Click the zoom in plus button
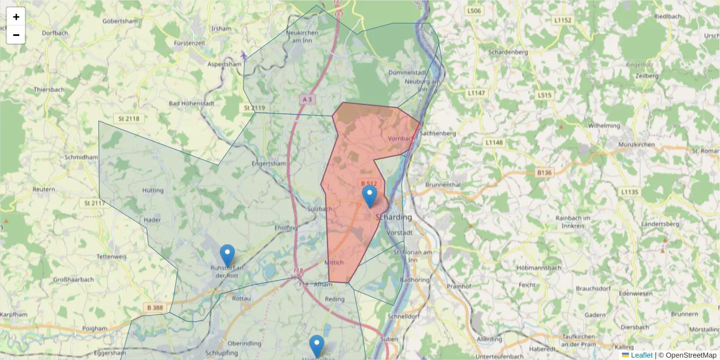click(16, 17)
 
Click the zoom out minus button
click(16, 35)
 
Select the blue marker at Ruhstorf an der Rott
click(227, 255)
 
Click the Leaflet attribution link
click(641, 355)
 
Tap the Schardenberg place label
click(508, 52)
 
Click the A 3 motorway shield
click(308, 99)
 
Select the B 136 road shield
click(544, 172)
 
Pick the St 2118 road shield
click(128, 119)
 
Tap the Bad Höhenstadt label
click(192, 104)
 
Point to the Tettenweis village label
click(112, 256)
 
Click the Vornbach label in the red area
click(401, 139)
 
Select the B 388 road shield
click(154, 308)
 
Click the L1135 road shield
click(629, 192)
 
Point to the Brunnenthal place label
click(443, 185)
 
